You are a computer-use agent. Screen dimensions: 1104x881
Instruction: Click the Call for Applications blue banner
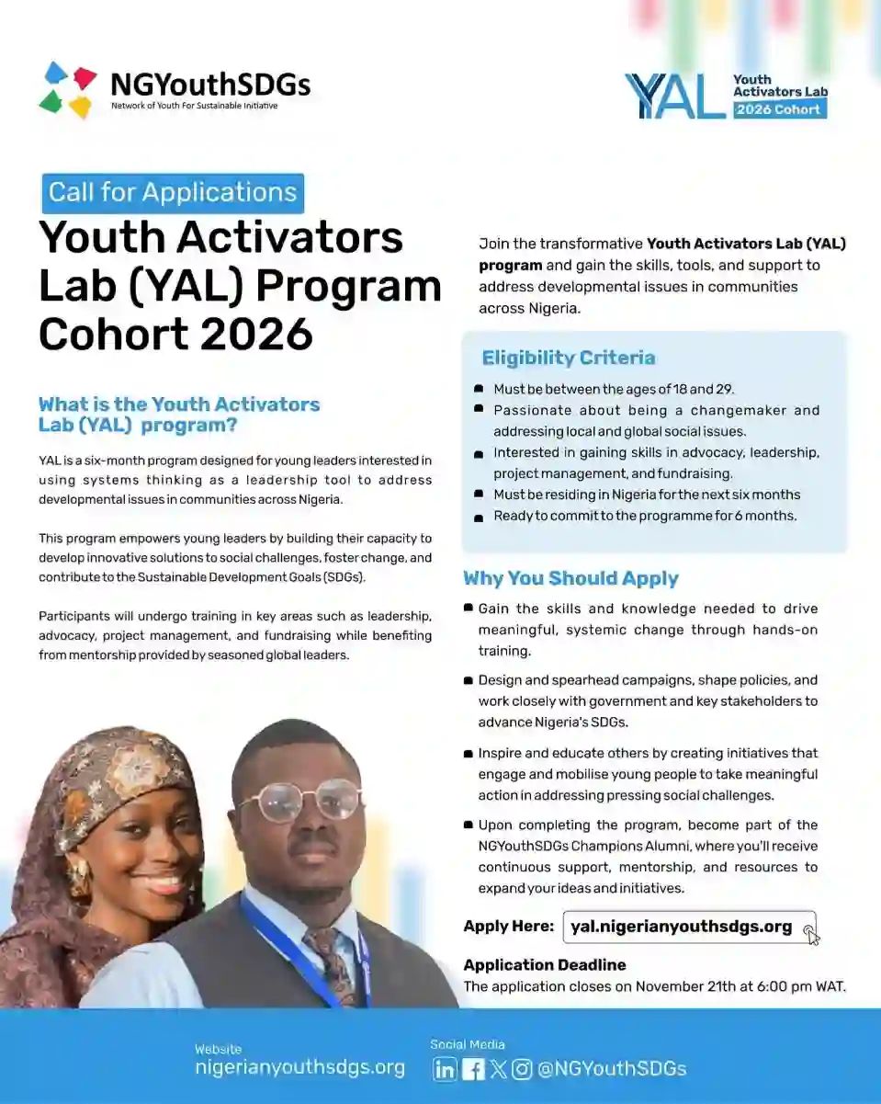click(173, 193)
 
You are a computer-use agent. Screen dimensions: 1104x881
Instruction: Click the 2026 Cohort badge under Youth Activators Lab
click(779, 109)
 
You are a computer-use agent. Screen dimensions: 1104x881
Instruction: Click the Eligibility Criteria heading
click(569, 358)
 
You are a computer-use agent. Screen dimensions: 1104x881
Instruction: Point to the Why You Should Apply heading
click(570, 578)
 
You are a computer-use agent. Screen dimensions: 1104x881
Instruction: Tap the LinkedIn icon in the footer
click(445, 1069)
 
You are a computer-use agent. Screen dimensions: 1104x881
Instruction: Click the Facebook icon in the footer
click(473, 1069)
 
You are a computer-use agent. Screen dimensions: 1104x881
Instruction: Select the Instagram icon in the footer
click(522, 1069)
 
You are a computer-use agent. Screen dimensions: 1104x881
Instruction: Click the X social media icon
click(498, 1069)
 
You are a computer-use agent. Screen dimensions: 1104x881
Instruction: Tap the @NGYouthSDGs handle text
click(612, 1069)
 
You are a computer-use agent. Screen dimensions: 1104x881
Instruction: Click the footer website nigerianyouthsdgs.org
click(299, 1068)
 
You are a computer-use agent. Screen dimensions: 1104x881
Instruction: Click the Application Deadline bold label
click(545, 965)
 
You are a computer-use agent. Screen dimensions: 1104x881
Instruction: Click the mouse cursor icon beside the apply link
click(812, 936)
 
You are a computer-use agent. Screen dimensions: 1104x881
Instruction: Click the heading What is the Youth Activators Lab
click(179, 415)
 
